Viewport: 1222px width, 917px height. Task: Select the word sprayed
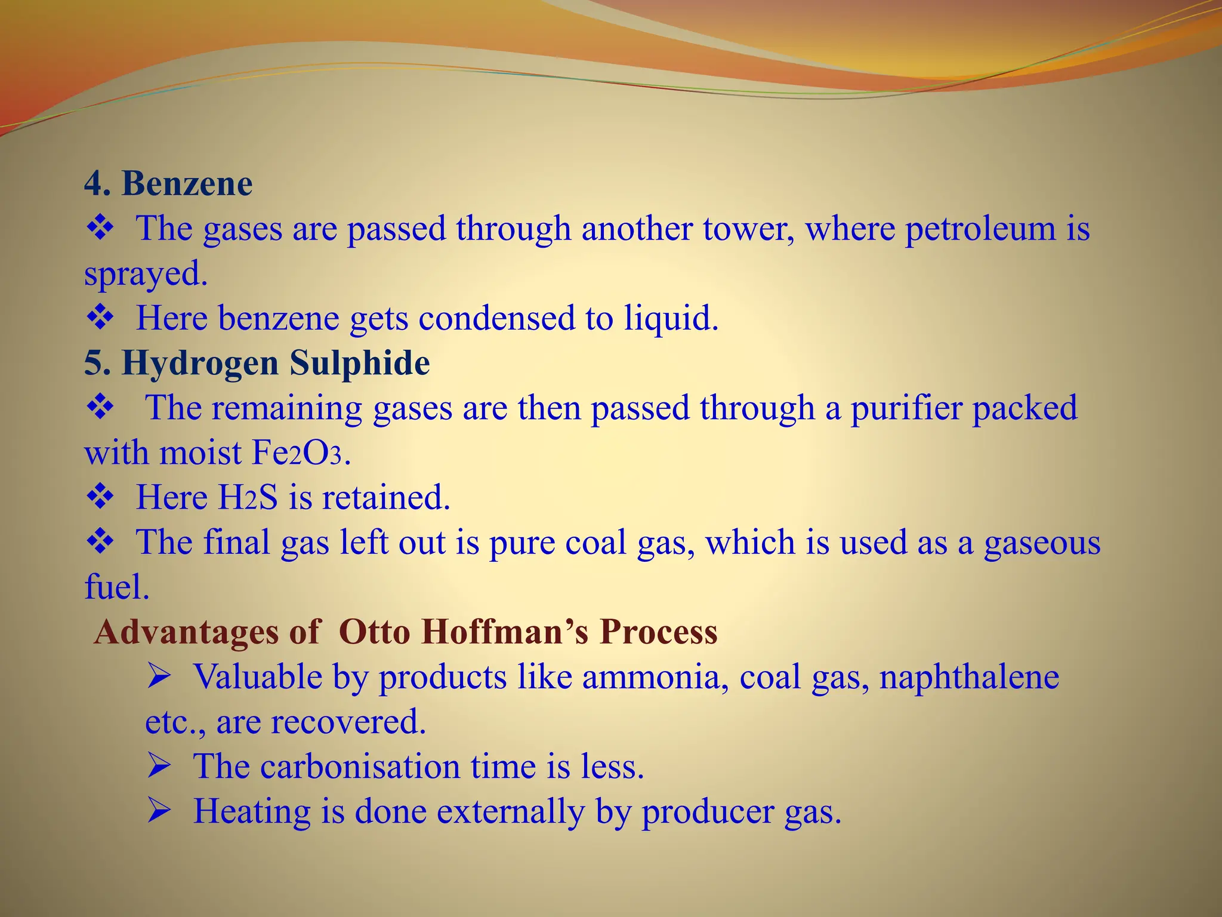[x=145, y=275]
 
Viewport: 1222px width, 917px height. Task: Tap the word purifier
[x=906, y=409]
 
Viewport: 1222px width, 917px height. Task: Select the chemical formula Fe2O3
[x=297, y=453]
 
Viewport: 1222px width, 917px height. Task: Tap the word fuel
[x=116, y=587]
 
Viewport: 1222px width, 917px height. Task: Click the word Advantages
[x=186, y=632]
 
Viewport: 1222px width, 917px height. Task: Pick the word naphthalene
[x=969, y=678]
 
